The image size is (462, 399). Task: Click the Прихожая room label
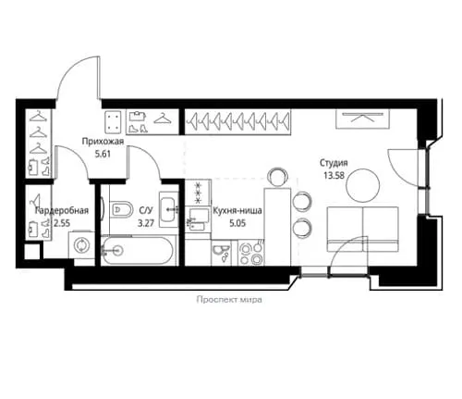[103, 142]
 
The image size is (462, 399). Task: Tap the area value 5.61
[103, 154]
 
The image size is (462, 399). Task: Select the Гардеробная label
[62, 210]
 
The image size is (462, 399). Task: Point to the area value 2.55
[62, 223]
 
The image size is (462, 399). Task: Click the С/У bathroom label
[146, 210]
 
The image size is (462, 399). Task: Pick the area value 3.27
[146, 223]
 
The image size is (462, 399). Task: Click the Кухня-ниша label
[237, 210]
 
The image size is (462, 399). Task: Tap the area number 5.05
[237, 223]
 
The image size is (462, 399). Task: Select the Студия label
[334, 163]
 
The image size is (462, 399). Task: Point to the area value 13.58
[334, 175]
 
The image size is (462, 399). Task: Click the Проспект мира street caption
[229, 300]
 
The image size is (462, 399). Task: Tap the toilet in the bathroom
[121, 209]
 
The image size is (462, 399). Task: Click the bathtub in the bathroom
[138, 250]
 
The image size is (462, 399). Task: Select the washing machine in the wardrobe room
[81, 244]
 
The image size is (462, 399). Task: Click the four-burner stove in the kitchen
[251, 253]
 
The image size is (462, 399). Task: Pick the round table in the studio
[363, 185]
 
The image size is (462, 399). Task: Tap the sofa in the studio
[363, 229]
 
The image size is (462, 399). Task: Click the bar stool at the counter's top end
[278, 177]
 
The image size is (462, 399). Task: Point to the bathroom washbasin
[168, 209]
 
